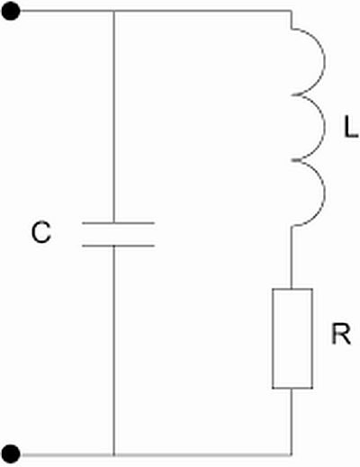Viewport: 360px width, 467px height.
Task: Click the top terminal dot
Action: point(11,12)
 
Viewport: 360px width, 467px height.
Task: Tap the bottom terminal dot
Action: point(11,454)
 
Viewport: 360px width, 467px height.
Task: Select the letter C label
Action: point(41,232)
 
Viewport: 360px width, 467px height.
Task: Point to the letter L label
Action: point(351,127)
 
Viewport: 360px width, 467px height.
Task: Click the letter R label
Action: point(341,334)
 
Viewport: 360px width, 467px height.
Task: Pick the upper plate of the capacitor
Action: point(119,223)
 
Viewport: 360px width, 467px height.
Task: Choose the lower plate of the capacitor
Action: point(119,246)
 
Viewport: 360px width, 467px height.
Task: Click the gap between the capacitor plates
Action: point(119,235)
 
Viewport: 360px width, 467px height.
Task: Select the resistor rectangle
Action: point(292,338)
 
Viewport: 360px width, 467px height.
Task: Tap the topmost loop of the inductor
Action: point(325,61)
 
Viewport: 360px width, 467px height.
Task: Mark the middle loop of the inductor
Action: point(325,128)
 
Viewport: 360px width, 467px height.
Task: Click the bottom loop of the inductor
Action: point(325,193)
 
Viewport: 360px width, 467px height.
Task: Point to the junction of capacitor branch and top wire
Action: point(114,12)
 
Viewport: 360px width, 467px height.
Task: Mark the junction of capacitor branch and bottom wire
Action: point(114,454)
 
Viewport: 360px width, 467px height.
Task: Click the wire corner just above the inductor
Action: point(291,12)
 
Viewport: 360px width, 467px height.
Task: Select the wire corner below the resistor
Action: point(291,454)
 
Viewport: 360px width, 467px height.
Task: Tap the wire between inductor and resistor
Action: point(292,257)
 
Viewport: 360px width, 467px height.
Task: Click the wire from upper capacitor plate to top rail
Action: point(114,117)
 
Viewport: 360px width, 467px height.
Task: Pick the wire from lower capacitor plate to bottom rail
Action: point(114,351)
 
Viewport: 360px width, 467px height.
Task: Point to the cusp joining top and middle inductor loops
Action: point(292,94)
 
